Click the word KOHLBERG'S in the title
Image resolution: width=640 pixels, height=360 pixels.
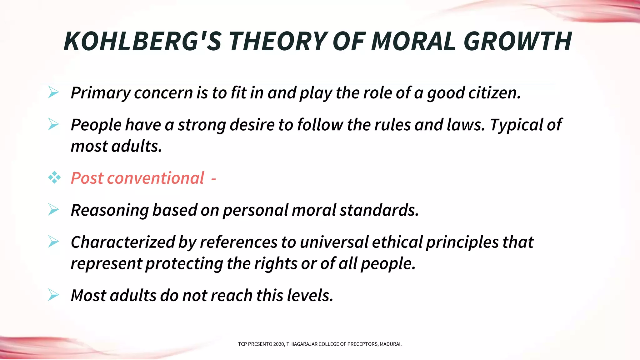tap(142, 41)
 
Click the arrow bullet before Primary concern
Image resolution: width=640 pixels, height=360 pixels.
tap(53, 92)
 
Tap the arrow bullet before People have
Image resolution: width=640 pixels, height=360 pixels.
tap(53, 124)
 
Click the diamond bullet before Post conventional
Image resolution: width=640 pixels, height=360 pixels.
tap(54, 177)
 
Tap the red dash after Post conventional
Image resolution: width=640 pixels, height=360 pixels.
tap(213, 179)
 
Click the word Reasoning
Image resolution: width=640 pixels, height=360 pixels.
tap(110, 210)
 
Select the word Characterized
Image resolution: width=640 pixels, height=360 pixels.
tap(122, 242)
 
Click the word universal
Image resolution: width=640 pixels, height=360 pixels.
tap(334, 242)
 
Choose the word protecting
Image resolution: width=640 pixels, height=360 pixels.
tap(184, 264)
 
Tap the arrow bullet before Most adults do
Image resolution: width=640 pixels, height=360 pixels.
tap(53, 295)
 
